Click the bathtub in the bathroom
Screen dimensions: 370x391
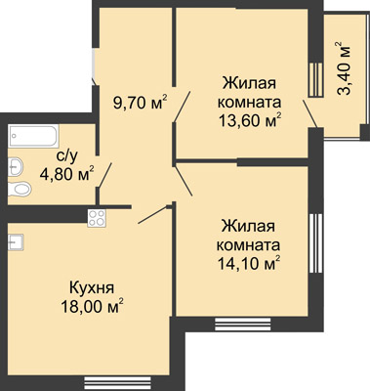pos(34,136)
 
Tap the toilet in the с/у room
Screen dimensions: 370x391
pos(20,189)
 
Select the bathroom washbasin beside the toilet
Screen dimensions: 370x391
pos(16,167)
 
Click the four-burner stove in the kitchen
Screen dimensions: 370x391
pos(97,218)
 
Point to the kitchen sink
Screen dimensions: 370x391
pos(16,242)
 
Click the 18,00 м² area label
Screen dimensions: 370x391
pos(93,306)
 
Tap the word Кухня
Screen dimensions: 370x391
pos(92,288)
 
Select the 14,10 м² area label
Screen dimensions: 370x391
pos(249,263)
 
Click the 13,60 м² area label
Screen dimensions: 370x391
pos(250,121)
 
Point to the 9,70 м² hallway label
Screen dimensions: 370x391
pos(140,103)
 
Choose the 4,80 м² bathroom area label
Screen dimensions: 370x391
pos(67,174)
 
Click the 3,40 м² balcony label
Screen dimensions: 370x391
pos(345,67)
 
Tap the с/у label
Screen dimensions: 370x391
pos(67,156)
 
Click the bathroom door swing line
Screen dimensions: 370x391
pos(105,175)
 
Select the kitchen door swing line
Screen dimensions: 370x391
pos(152,215)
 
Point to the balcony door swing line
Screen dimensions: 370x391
pos(310,113)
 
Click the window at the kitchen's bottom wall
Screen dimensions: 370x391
pos(118,381)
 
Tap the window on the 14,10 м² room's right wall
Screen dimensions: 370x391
pos(315,243)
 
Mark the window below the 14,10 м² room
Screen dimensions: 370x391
pos(243,324)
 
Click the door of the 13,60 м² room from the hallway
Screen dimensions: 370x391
pos(182,107)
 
